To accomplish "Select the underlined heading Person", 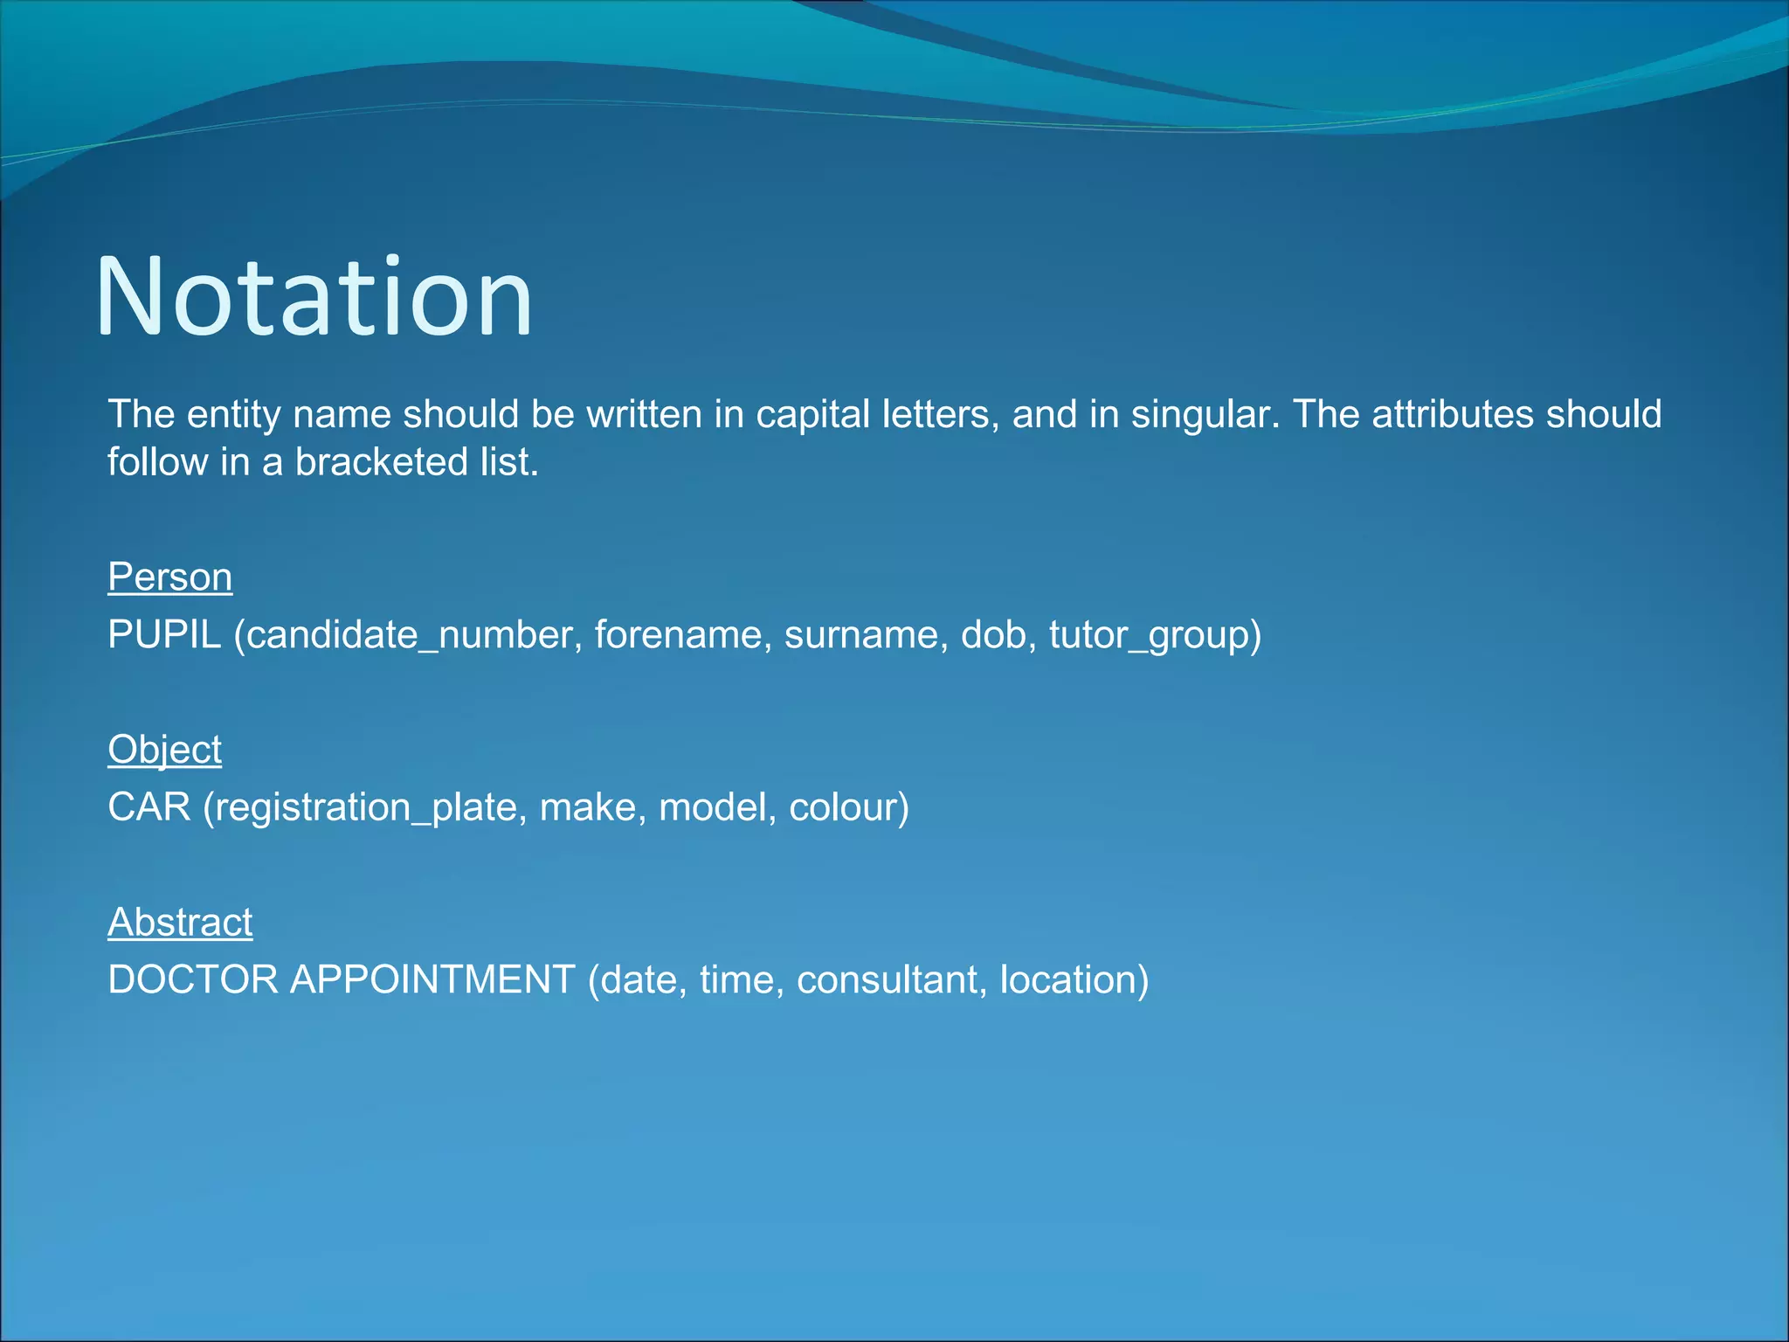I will pos(169,577).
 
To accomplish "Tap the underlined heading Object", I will pos(164,750).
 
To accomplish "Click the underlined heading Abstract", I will pos(180,922).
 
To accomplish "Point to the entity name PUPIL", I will pos(164,634).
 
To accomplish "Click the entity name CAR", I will pos(149,806).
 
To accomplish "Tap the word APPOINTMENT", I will pos(432,979).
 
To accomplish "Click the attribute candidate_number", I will pos(409,634).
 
